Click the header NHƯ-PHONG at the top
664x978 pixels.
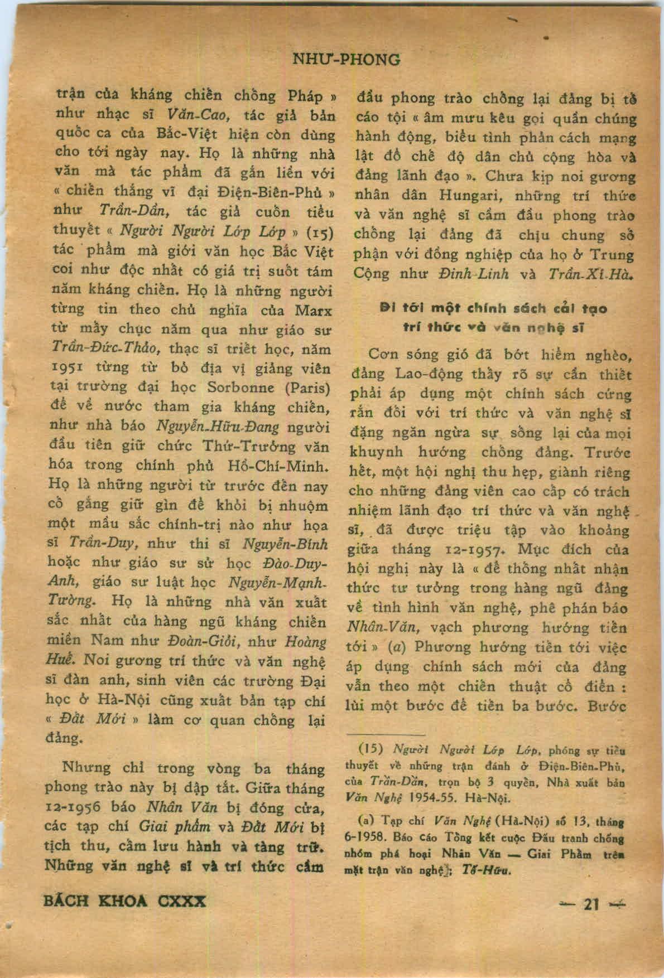pyautogui.click(x=346, y=59)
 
